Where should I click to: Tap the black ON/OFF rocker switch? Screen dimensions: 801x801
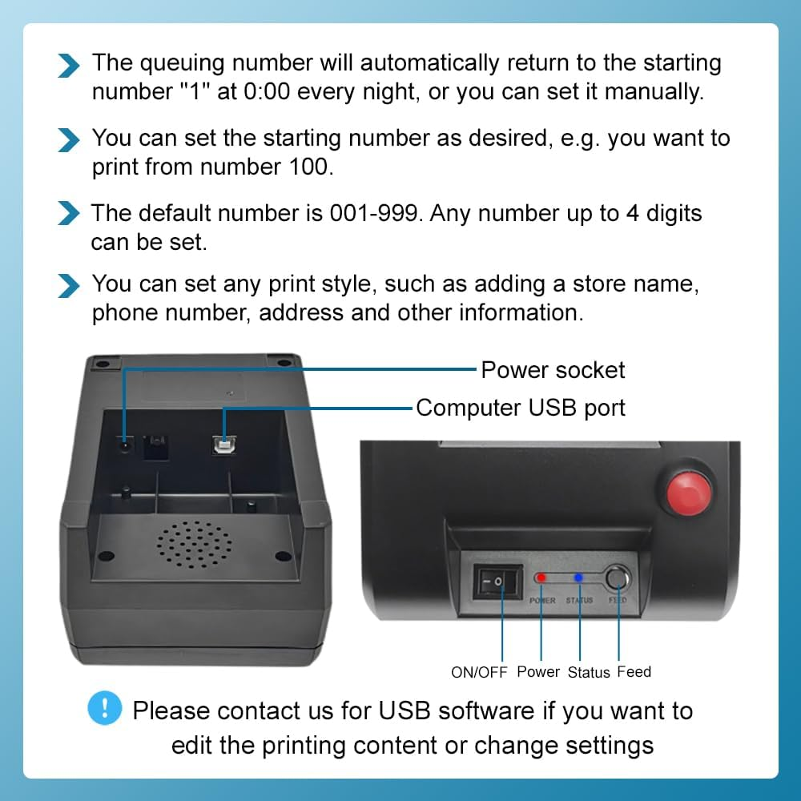[497, 581]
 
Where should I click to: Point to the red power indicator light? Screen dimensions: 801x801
[541, 578]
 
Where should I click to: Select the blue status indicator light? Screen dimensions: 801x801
[578, 578]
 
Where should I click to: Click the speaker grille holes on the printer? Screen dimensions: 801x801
[195, 542]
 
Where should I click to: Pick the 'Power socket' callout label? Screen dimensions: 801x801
[553, 370]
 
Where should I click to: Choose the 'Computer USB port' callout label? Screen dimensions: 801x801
[521, 408]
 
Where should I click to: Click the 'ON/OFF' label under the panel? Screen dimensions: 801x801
[479, 673]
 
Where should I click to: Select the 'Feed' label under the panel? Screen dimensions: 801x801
[634, 672]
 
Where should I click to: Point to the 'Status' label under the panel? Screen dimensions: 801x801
[589, 673]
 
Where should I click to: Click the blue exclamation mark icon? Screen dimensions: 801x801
[105, 708]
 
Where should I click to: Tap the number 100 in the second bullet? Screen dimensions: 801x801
[305, 168]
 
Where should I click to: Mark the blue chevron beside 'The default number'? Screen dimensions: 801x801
[70, 215]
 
